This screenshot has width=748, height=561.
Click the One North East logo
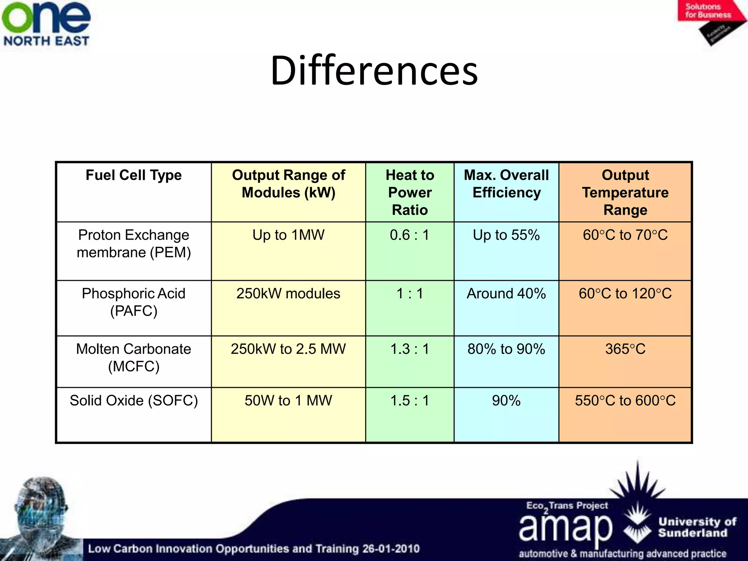(46, 24)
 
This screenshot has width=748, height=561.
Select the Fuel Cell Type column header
(134, 175)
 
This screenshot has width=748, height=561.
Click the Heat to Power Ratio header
(410, 192)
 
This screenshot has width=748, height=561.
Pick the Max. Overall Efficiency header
(506, 184)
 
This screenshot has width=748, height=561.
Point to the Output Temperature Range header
(625, 192)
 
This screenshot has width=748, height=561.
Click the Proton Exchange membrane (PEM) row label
(134, 244)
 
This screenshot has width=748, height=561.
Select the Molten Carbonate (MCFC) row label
(134, 358)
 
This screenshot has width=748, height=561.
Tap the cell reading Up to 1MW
(288, 235)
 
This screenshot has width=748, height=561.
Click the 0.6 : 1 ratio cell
(409, 235)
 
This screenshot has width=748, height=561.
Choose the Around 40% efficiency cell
(506, 294)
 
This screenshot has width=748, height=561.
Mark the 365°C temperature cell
(625, 349)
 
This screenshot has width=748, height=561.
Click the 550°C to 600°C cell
(625, 401)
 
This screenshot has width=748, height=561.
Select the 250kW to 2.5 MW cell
(288, 349)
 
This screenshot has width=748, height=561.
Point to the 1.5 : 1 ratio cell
(409, 401)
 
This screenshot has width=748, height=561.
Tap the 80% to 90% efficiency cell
(506, 349)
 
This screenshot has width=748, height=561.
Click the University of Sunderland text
(697, 527)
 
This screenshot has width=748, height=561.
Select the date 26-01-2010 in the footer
(391, 549)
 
